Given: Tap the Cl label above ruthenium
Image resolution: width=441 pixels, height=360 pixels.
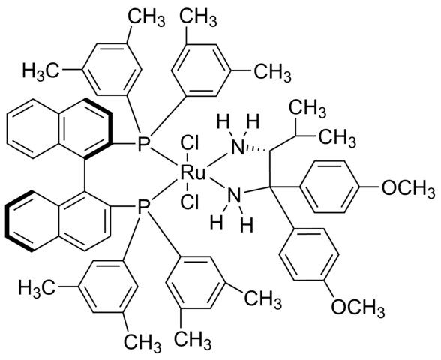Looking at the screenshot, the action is click(x=190, y=145).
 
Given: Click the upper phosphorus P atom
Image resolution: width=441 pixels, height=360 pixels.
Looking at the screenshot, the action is click(x=144, y=145).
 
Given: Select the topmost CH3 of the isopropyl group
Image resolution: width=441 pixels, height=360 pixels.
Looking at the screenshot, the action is click(x=308, y=107).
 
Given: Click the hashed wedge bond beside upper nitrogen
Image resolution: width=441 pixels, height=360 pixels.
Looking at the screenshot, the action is click(x=258, y=150).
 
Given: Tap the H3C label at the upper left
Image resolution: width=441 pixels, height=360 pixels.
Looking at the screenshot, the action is click(x=41, y=70).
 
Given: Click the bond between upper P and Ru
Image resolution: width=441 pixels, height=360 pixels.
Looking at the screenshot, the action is click(x=164, y=157).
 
